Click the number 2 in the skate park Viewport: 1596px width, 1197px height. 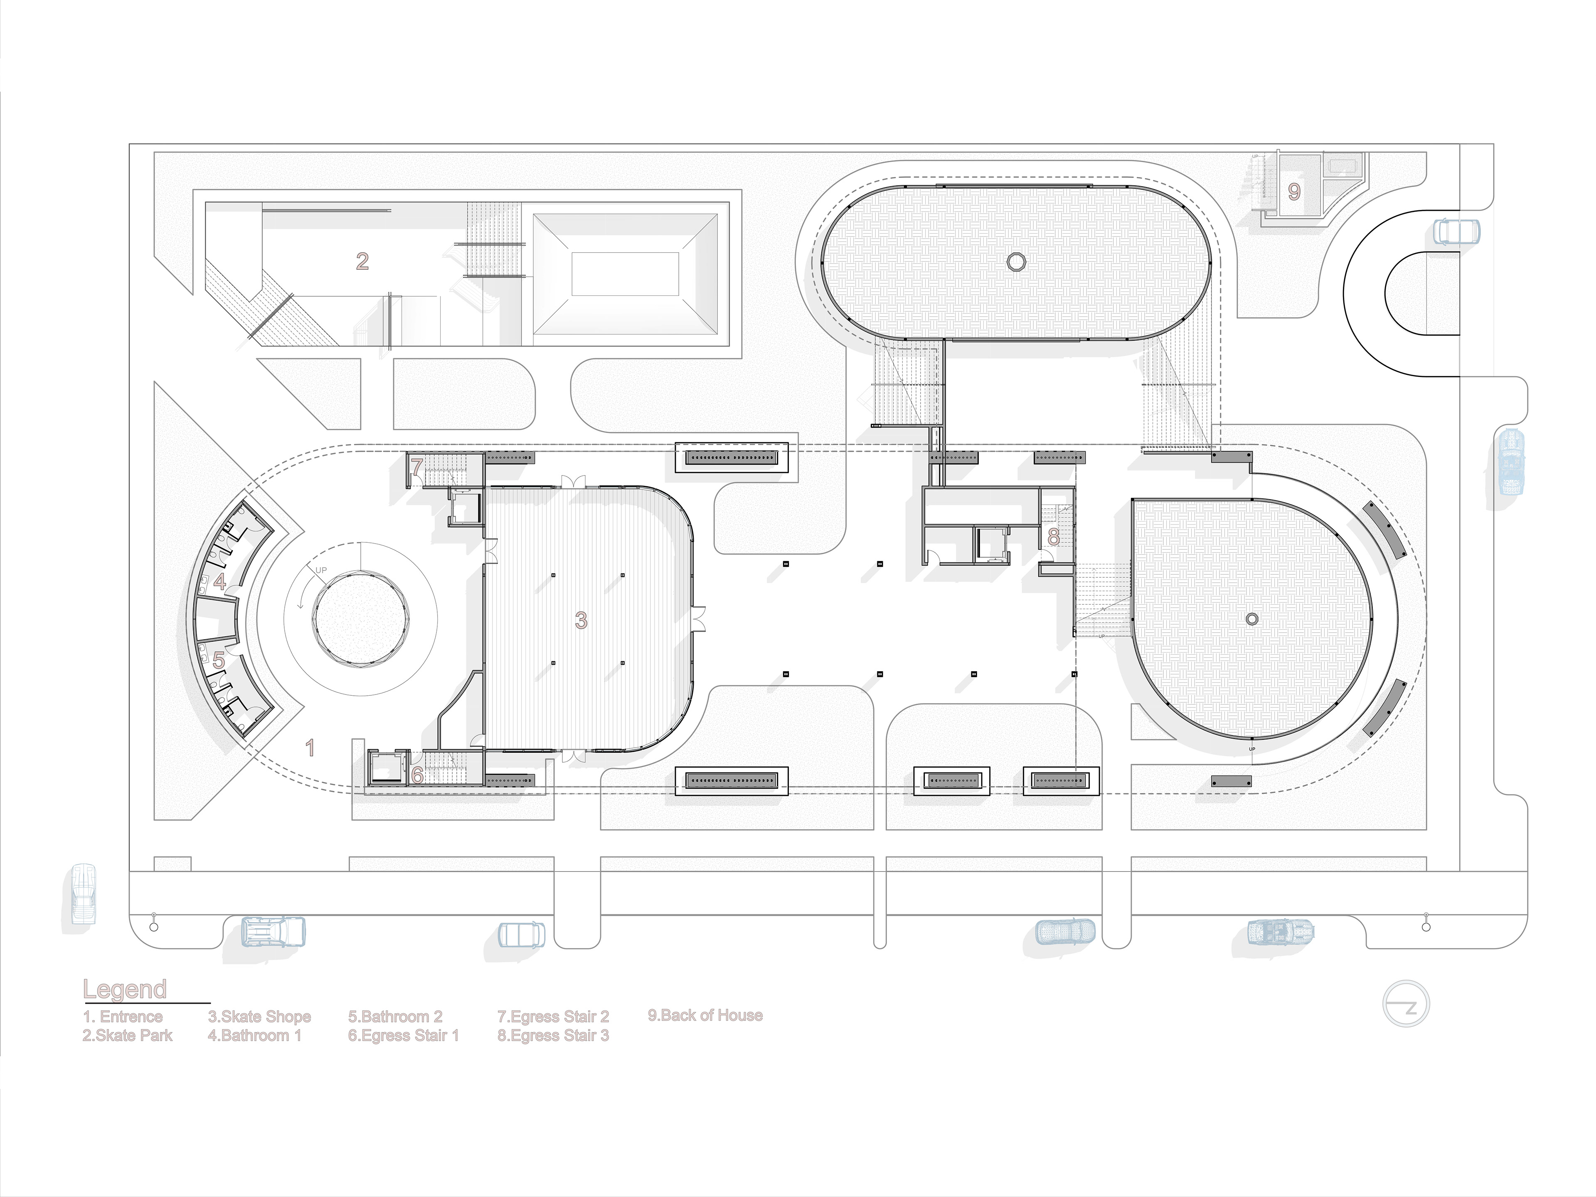coord(362,261)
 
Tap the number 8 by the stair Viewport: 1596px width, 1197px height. coord(1054,537)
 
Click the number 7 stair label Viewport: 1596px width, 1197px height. coord(417,467)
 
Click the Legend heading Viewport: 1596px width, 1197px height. coord(125,989)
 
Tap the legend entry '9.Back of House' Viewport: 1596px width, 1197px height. coord(705,1015)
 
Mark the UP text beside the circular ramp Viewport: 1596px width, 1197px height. coord(321,571)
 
